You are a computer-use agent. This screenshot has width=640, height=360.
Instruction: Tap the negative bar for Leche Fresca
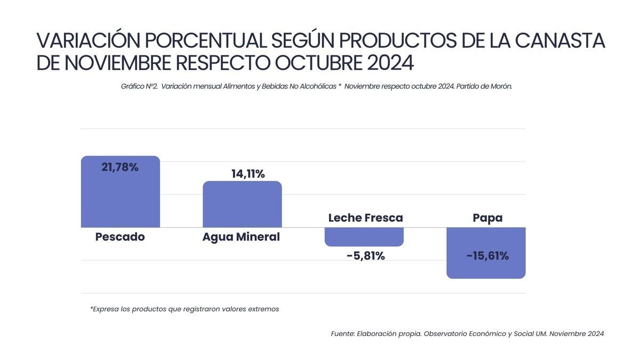click(x=364, y=236)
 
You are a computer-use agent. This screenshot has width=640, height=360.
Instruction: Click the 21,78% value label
click(x=120, y=167)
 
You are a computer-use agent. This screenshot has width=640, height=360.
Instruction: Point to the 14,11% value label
click(x=248, y=174)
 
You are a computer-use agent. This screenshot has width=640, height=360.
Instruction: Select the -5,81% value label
click(x=365, y=256)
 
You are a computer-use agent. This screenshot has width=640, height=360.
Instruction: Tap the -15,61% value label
click(x=487, y=256)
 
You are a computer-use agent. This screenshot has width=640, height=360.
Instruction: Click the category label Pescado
click(x=120, y=237)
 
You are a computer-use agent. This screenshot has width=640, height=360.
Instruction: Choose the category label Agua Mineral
click(x=241, y=237)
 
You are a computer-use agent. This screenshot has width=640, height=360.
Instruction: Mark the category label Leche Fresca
click(x=365, y=218)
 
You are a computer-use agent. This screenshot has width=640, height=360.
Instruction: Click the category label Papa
click(x=487, y=218)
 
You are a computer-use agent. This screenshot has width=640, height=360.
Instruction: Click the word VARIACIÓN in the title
click(x=89, y=41)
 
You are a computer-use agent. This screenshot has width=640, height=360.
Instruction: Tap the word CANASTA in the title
click(x=559, y=41)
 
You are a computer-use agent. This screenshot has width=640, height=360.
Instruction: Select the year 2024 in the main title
click(x=390, y=63)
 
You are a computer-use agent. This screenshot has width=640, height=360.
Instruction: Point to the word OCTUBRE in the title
click(x=318, y=63)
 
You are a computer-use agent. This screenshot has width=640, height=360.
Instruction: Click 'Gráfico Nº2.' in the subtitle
click(x=139, y=86)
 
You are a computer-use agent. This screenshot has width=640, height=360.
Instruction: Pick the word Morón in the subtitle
click(x=500, y=86)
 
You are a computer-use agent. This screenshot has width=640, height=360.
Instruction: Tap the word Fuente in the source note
click(x=342, y=334)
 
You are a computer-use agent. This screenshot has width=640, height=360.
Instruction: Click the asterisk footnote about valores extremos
click(x=185, y=309)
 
